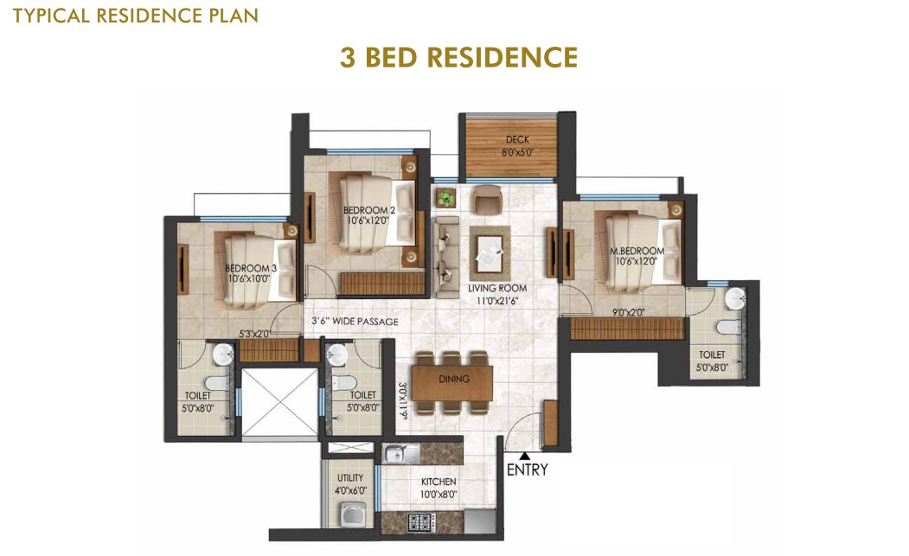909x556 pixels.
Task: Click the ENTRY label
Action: [x=527, y=470]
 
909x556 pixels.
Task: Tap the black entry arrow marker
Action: [x=524, y=456]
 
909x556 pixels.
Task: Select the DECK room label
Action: [x=517, y=139]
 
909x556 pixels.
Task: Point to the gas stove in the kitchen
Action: [x=422, y=521]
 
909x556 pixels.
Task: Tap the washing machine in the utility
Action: [x=351, y=514]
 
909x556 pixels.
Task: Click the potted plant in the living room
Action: [x=446, y=198]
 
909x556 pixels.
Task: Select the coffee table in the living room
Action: [x=490, y=252]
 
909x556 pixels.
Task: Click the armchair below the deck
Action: [x=487, y=199]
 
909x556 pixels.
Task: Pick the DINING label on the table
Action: [x=454, y=379]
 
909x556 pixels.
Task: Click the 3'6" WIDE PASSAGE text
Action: [x=355, y=321]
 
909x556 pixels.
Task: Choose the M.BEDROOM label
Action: [x=637, y=251]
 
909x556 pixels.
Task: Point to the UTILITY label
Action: [x=350, y=477]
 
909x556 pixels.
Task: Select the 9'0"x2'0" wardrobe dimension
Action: [x=629, y=312]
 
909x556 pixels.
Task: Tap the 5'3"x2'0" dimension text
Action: [x=255, y=334]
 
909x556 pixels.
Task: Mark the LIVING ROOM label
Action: [x=497, y=288]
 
